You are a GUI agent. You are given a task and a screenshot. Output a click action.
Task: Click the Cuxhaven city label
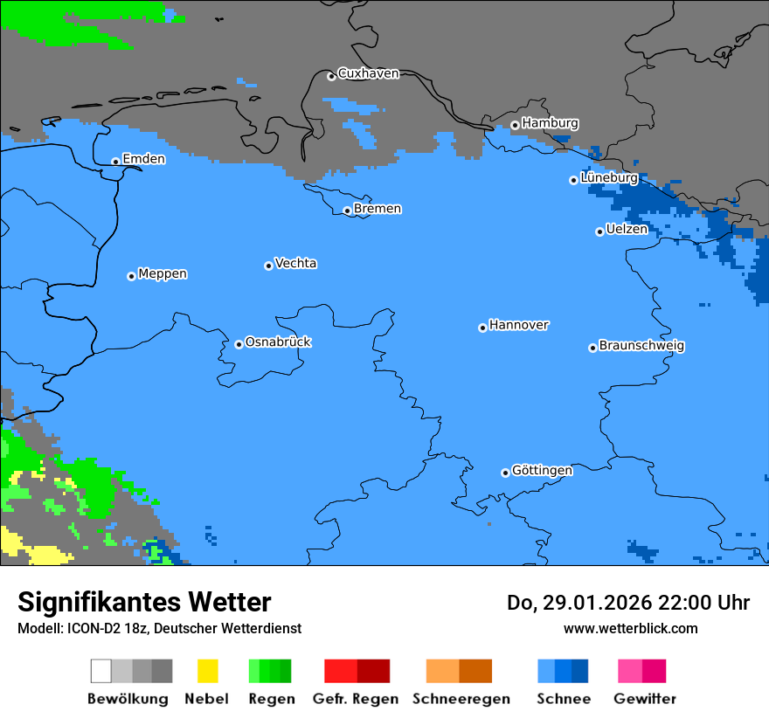tap(368, 74)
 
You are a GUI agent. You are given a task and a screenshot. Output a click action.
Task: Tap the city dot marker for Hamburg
tap(515, 125)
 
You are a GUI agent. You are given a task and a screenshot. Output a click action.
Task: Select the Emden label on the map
tap(143, 159)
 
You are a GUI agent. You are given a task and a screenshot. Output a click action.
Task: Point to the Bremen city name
tap(378, 209)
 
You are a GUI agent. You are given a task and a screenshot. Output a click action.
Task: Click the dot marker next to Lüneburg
tap(573, 180)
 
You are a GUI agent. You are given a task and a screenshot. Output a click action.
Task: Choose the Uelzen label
tap(627, 230)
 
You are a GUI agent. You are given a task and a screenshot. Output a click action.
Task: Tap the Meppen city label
tap(163, 274)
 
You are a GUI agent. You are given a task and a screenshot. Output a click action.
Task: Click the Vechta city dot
tap(268, 266)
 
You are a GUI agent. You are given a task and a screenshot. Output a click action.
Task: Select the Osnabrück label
tap(278, 342)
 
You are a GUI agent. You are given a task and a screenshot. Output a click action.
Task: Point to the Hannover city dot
tap(482, 328)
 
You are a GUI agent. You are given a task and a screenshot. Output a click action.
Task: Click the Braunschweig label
tap(641, 346)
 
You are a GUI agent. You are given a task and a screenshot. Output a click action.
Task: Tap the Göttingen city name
tap(542, 471)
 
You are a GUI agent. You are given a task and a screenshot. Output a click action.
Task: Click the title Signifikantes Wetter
tap(144, 602)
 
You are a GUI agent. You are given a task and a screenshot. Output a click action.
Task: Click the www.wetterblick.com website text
tap(630, 628)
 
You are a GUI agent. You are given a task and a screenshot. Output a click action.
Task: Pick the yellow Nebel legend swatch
tap(207, 671)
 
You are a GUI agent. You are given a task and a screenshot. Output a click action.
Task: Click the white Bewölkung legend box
tap(100, 671)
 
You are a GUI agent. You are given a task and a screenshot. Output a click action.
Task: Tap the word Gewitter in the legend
tap(644, 699)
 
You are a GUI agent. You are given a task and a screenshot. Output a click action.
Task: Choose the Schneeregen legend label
tap(461, 699)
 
